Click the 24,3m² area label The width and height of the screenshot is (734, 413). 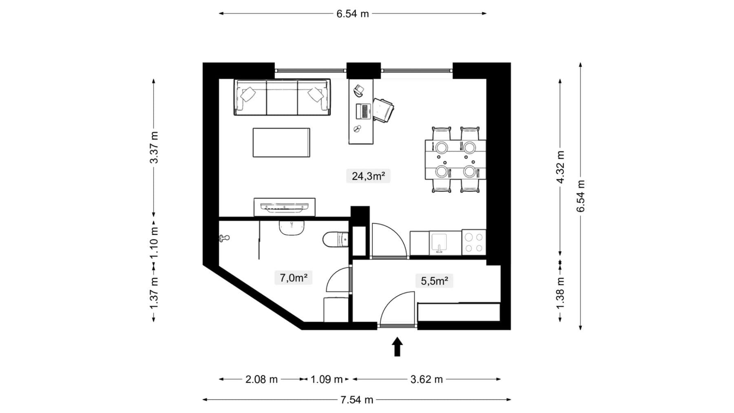point(368,176)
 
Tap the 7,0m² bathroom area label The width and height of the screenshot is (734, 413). point(293,278)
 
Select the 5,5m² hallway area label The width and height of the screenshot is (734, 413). point(434,281)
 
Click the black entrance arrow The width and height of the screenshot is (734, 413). point(397,347)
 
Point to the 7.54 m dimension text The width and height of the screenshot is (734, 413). point(357,400)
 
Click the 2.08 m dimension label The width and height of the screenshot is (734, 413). point(261,380)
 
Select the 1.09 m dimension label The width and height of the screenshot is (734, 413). point(326,380)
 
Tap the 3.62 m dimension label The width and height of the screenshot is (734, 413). point(427,380)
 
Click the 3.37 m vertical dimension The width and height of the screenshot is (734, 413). point(154,148)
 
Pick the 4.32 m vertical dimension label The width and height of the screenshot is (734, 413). point(560,167)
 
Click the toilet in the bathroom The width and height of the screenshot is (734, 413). point(335,240)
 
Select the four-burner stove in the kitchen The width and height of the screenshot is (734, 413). point(474,242)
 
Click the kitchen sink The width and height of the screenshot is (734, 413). point(439,243)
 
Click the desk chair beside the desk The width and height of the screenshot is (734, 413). point(383,110)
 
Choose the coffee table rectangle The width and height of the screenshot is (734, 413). point(281,142)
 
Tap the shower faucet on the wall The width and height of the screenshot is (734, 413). point(224,238)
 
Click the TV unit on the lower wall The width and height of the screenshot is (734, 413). point(284,207)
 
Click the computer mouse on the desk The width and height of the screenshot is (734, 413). point(357,129)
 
